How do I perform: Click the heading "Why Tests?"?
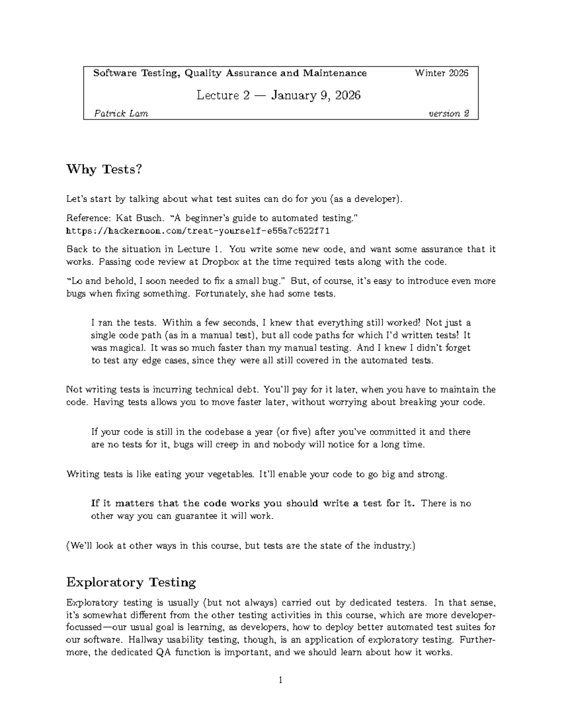[x=104, y=169]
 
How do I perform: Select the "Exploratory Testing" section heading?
[x=131, y=583]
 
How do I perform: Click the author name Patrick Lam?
[x=121, y=113]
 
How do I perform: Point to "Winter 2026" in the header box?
[x=441, y=73]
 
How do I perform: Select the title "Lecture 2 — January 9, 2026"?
[x=279, y=96]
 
